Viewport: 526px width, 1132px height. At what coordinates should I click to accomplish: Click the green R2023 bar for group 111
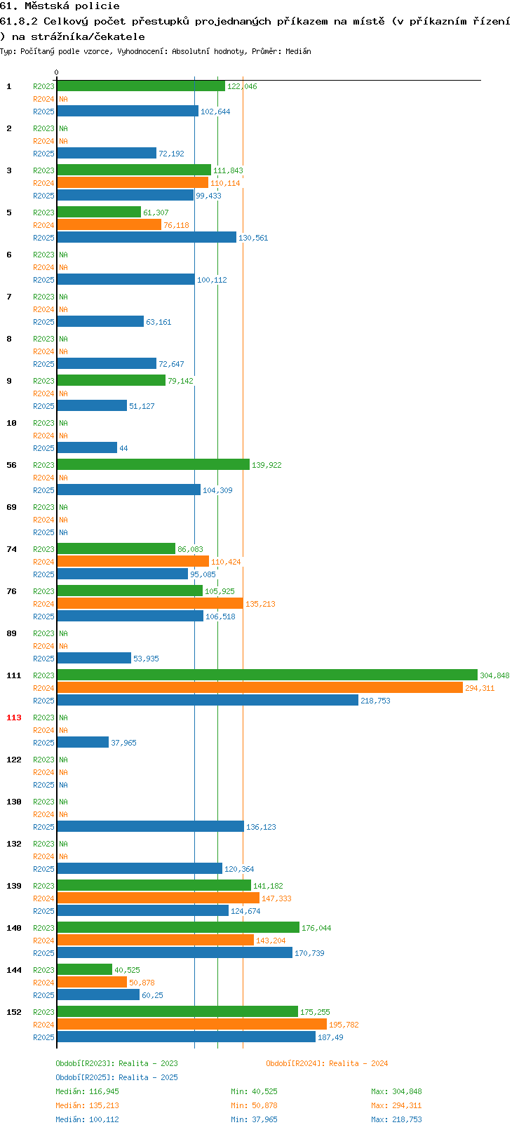267,675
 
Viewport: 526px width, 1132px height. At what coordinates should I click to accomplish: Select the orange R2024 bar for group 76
150,603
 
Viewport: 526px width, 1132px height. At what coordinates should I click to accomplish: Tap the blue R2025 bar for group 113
83,742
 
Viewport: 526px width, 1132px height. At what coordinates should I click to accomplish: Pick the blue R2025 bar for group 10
87,447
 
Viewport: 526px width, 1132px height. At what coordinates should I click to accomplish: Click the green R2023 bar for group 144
84,969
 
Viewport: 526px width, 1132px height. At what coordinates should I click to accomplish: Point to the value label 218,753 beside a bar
375,701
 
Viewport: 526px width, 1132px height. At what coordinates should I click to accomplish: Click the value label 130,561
253,238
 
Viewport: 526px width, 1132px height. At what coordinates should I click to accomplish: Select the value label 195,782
344,1025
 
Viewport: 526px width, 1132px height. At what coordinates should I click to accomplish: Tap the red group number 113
13,717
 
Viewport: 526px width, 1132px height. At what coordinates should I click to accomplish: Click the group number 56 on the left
12,465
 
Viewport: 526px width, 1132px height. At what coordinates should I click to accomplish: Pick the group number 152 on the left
13,1012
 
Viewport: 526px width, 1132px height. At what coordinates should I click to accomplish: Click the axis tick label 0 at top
56,72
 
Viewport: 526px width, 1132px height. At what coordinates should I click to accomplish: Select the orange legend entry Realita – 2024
358,1063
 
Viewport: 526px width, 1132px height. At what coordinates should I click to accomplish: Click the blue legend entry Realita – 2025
148,1077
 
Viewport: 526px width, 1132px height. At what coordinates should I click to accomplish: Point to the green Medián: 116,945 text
88,1091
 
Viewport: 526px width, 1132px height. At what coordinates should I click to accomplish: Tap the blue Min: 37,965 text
254,1119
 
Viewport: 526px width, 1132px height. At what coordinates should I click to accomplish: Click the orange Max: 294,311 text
397,1105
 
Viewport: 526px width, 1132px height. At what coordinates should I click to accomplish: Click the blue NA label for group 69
63,532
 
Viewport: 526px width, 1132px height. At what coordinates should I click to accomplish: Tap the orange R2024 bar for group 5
109,224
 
